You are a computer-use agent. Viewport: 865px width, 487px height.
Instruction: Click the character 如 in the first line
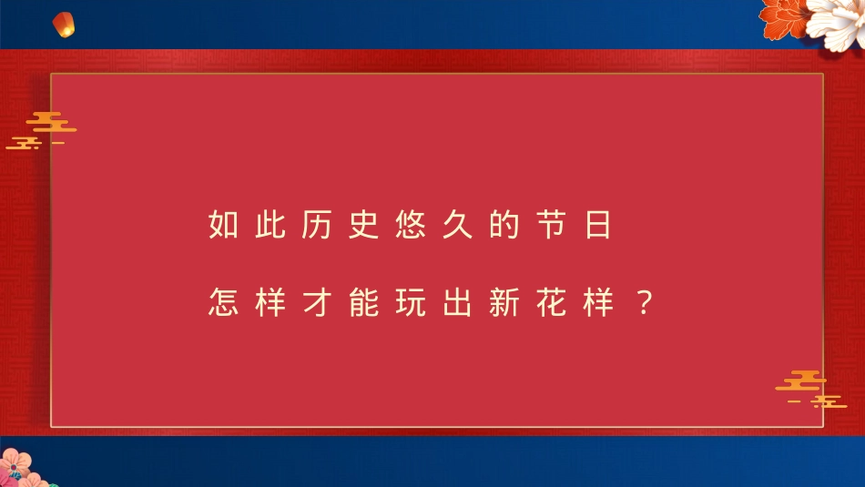(223, 225)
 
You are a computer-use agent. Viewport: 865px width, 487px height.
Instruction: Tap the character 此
(270, 225)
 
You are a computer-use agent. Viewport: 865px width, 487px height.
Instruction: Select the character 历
(316, 225)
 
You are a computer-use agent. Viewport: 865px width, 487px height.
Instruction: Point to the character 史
(363, 225)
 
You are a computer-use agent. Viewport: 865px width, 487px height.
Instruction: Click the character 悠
(410, 225)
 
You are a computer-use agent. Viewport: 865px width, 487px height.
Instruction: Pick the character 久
(456, 225)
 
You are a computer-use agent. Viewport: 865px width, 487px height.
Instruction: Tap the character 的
(503, 225)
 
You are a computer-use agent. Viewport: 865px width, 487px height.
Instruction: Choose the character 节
(550, 225)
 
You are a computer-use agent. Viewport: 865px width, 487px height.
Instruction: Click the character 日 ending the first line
(596, 225)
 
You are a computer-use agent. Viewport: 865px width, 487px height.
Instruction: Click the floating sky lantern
(63, 25)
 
